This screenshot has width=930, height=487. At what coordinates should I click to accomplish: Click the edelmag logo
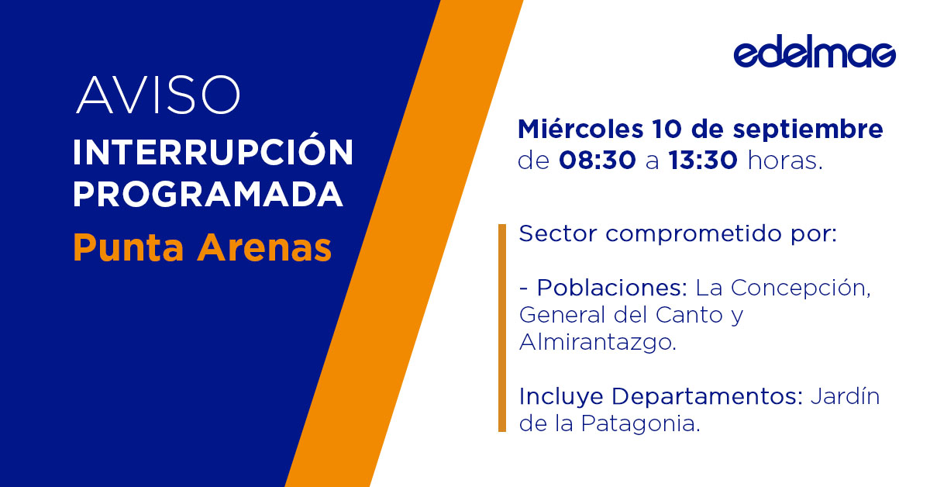click(x=814, y=54)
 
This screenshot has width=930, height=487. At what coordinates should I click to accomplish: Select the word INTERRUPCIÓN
click(x=213, y=153)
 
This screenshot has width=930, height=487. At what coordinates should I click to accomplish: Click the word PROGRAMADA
click(x=208, y=195)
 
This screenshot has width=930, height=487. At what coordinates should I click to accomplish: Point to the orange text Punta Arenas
click(x=202, y=247)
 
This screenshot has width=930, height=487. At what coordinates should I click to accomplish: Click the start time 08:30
click(x=598, y=161)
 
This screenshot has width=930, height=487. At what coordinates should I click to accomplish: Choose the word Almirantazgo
click(x=597, y=343)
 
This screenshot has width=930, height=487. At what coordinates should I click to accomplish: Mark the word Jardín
click(x=846, y=397)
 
